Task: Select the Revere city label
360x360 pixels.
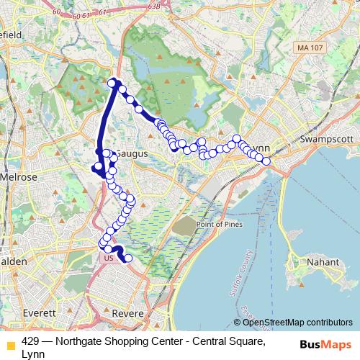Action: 130,313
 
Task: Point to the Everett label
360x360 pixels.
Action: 40,313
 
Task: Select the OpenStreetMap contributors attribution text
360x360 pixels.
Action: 297,322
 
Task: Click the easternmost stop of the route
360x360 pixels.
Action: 266,161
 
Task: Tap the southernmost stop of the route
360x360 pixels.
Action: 129,258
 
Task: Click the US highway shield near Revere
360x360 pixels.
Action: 109,257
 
